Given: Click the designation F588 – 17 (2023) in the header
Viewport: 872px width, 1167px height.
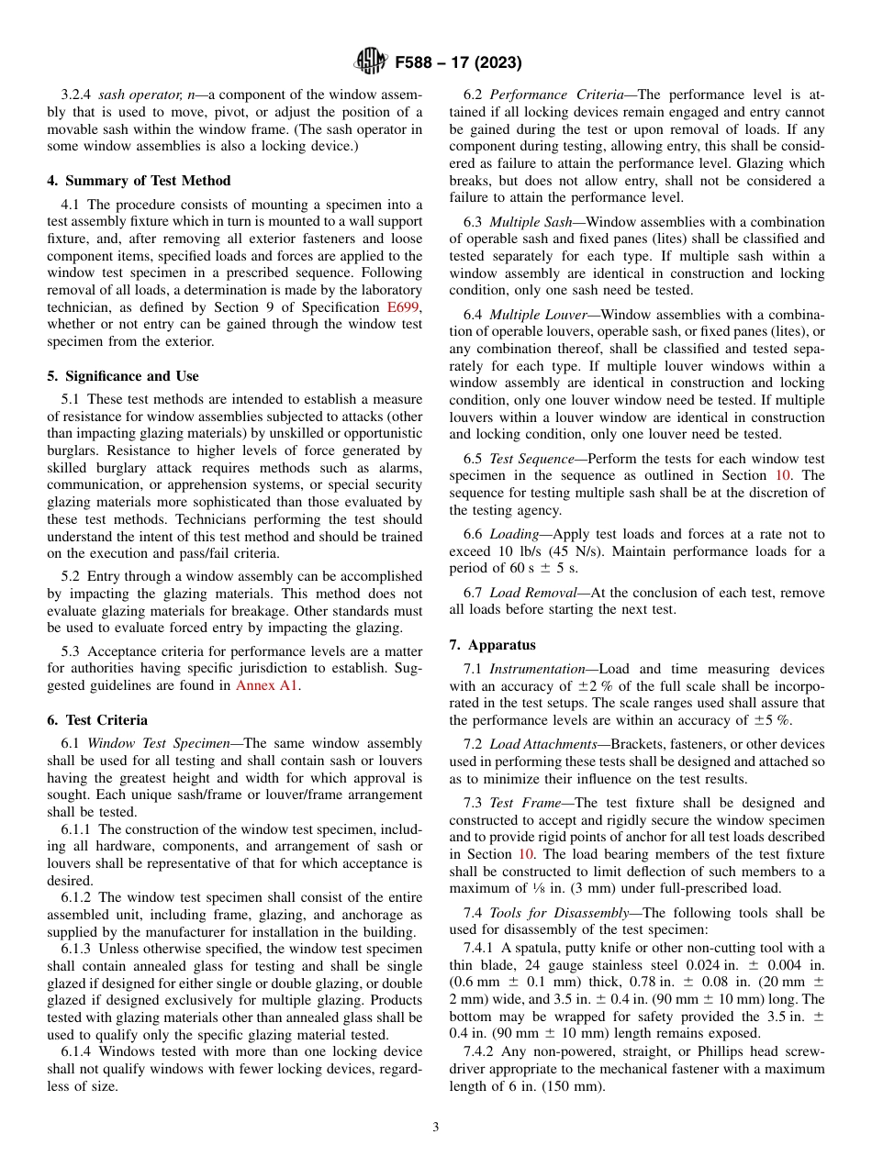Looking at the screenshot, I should (x=458, y=63).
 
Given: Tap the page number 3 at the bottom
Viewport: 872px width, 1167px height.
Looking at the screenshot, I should (x=436, y=1128).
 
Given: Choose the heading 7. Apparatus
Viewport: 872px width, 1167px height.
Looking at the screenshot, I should (x=493, y=645).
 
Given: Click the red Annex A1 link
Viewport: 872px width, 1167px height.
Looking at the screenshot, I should (x=267, y=684).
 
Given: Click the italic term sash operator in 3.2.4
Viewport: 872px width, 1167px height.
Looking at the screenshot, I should (x=136, y=95).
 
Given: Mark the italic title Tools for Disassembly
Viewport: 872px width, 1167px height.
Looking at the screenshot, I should (x=551, y=913).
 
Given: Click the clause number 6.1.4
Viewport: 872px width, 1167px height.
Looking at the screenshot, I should (x=77, y=1051).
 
